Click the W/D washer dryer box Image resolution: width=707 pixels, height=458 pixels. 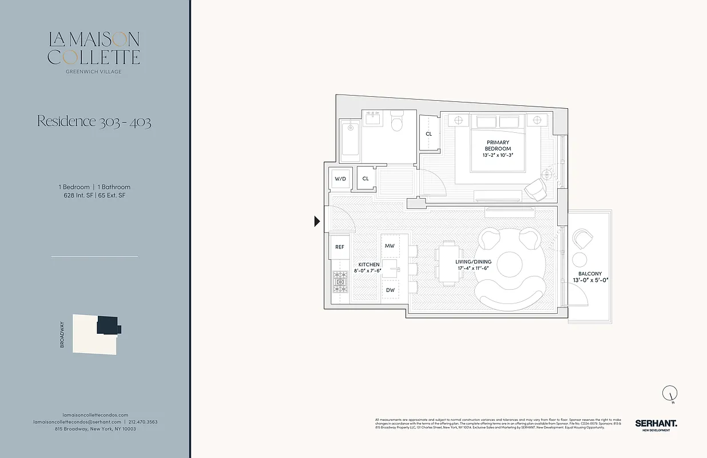click(340, 179)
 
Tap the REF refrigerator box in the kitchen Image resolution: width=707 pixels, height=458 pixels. click(340, 247)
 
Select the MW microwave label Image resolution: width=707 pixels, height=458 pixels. click(390, 246)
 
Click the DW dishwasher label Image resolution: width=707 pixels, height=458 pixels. click(390, 290)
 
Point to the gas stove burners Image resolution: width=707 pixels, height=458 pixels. click(340, 282)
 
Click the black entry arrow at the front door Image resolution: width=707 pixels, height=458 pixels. click(317, 221)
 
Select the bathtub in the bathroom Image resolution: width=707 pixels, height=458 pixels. click(349, 140)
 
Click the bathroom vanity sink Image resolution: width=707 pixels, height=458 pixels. click(373, 119)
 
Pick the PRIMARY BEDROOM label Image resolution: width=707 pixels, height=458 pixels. click(498, 145)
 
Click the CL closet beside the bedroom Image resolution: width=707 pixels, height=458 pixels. click(429, 133)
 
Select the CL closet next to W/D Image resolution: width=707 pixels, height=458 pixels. click(366, 179)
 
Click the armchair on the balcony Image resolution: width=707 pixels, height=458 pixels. click(583, 238)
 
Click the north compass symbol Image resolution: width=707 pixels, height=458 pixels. click(670, 394)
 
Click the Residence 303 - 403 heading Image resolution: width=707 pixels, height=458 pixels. click(94, 121)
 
